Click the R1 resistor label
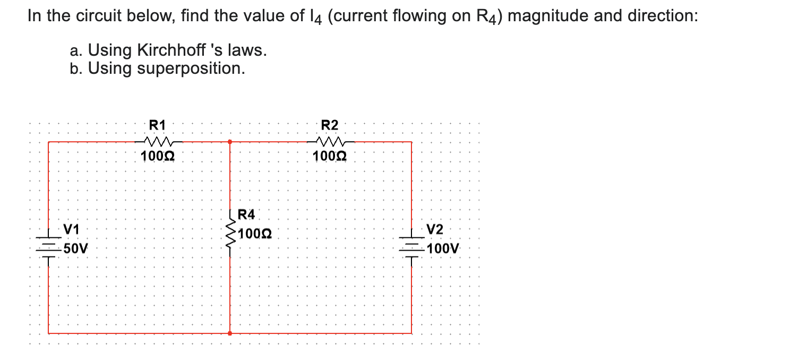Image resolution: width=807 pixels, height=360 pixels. pyautogui.click(x=158, y=125)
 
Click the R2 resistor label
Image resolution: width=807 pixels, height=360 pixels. pyautogui.click(x=330, y=125)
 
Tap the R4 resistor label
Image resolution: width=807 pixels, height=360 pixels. pyautogui.click(x=246, y=215)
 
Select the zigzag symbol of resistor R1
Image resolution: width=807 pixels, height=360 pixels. pyautogui.click(x=158, y=141)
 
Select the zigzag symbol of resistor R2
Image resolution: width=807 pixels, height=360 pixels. pyautogui.click(x=330, y=141)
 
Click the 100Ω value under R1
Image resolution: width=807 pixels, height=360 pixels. pyautogui.click(x=158, y=157)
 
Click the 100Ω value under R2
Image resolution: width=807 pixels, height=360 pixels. pyautogui.click(x=330, y=157)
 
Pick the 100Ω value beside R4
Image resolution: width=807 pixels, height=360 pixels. pyautogui.click(x=255, y=234)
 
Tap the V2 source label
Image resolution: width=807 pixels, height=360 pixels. pyautogui.click(x=435, y=229)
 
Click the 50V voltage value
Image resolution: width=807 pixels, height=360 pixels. pyautogui.click(x=74, y=248)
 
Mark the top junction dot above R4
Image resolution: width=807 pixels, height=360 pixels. pyautogui.click(x=230, y=142)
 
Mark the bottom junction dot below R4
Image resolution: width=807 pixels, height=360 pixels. pyautogui.click(x=230, y=333)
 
